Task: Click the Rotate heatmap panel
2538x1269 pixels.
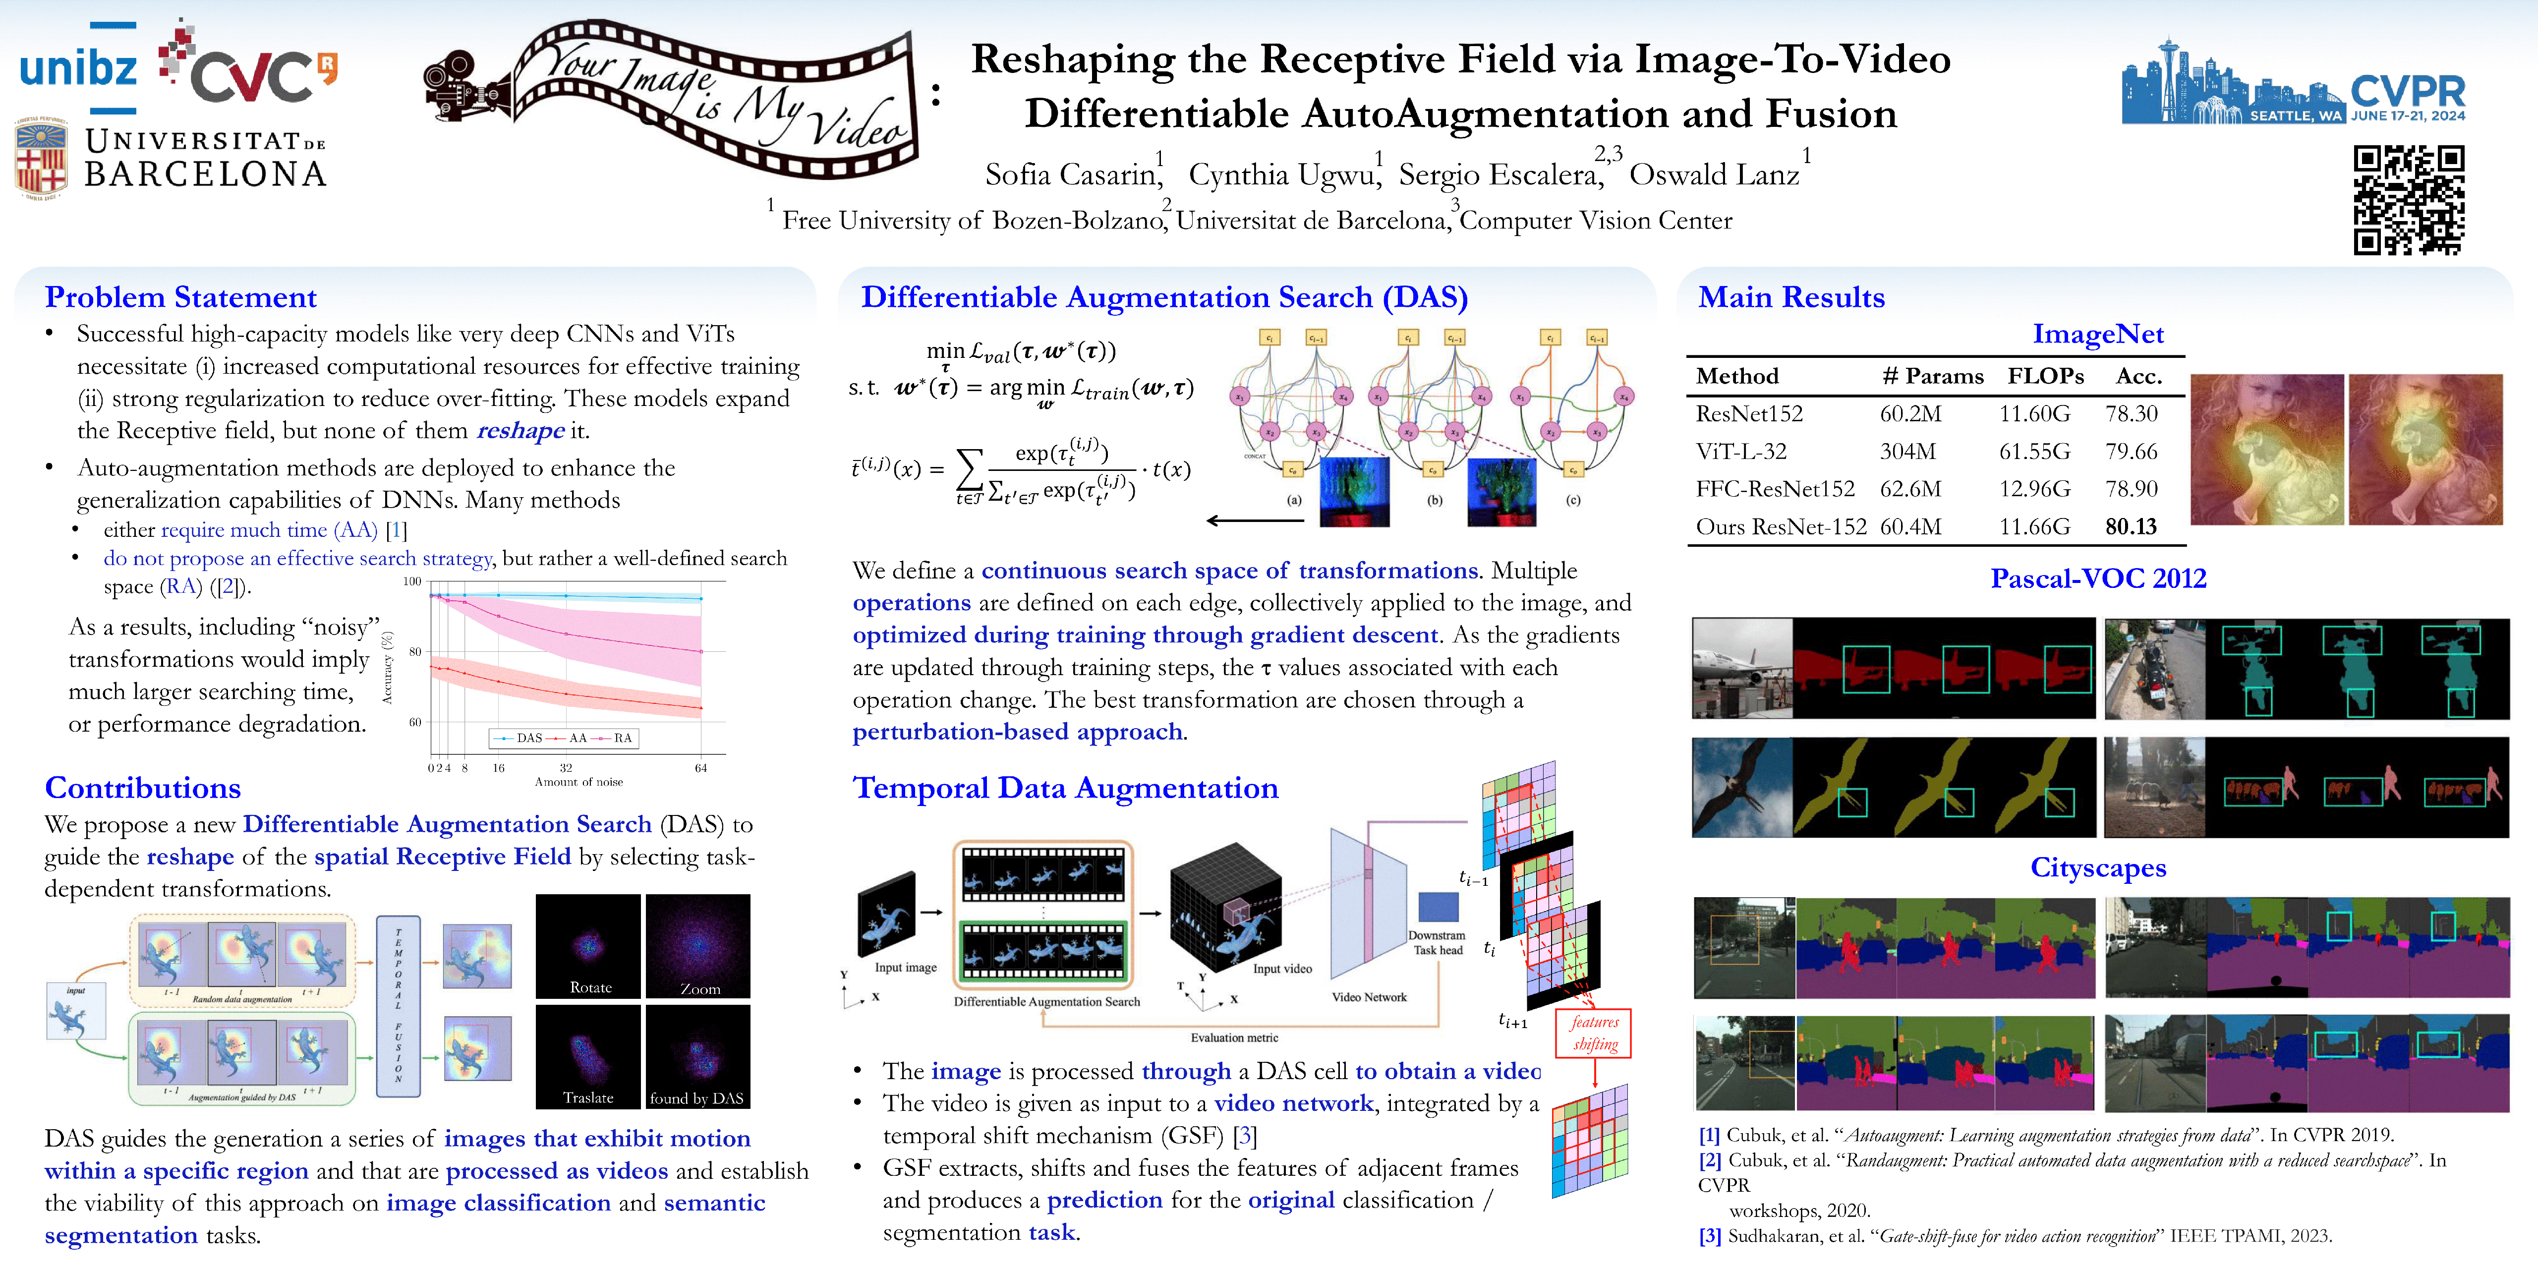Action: (588, 946)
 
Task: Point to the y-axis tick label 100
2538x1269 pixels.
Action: (412, 581)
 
